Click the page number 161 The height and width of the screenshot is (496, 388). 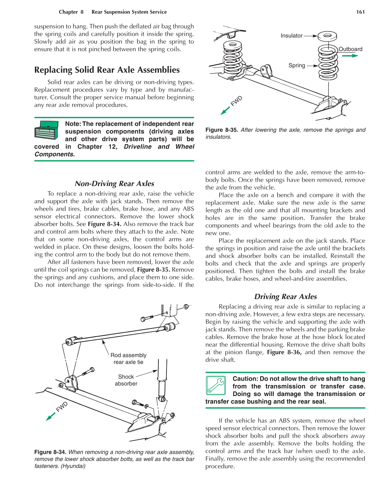click(x=360, y=12)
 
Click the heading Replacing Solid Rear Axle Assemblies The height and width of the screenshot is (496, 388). click(x=107, y=70)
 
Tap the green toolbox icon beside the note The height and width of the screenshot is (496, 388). click(x=47, y=130)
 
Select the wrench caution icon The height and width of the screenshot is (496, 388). click(x=215, y=385)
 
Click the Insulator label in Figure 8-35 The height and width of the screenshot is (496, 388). click(x=291, y=36)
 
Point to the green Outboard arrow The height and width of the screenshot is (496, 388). click(x=350, y=56)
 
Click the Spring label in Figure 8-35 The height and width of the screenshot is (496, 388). click(x=297, y=65)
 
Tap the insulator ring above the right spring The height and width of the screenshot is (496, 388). click(x=327, y=36)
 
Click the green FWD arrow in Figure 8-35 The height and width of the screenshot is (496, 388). click(x=225, y=110)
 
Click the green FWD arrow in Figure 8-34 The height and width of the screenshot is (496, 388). click(x=51, y=416)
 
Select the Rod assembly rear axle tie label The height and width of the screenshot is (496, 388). click(x=129, y=359)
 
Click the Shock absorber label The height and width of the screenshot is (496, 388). click(x=126, y=380)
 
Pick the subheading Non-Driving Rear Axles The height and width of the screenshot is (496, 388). click(x=114, y=183)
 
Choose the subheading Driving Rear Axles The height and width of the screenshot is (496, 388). click(x=285, y=296)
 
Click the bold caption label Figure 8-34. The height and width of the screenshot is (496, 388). click(x=50, y=452)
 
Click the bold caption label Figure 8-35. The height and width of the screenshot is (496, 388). click(x=222, y=130)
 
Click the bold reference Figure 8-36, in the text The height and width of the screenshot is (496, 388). click(x=284, y=352)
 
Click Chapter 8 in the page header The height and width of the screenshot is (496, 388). click(x=71, y=12)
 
